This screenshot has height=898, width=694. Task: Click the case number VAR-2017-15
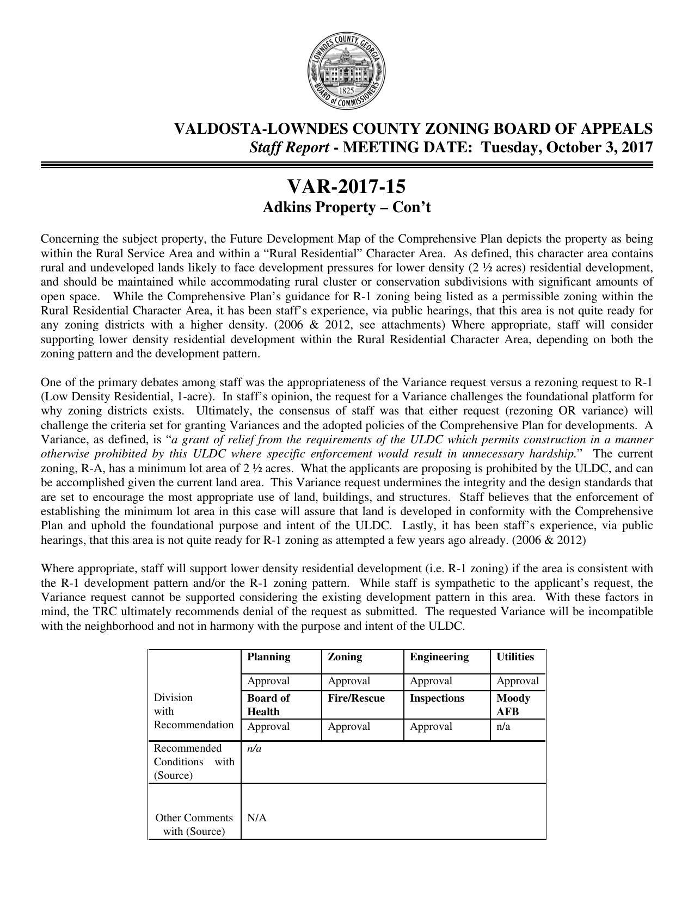tap(346, 187)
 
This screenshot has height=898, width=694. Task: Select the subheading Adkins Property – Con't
tap(346, 208)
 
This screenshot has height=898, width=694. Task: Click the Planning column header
tap(268, 657)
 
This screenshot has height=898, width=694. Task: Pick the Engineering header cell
tap(439, 657)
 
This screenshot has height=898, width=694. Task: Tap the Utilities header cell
tap(515, 657)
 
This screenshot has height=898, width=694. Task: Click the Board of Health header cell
tap(268, 705)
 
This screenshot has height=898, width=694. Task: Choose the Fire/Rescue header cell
tap(356, 698)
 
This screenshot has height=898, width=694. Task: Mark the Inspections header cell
tap(437, 698)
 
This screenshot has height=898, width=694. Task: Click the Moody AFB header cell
tap(513, 705)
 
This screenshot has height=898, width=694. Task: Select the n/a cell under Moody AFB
tap(503, 727)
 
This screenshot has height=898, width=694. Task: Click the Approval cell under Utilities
tap(517, 681)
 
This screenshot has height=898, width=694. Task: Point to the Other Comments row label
tap(194, 825)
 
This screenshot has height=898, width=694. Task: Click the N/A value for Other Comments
tap(256, 818)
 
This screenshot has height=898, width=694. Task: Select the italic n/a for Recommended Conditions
tap(254, 748)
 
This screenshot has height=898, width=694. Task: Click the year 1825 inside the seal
tap(347, 91)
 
